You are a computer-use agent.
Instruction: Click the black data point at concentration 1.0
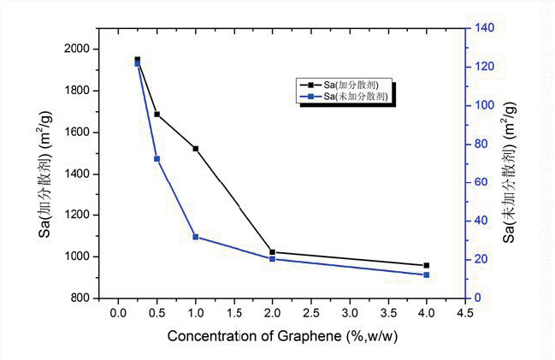pyautogui.click(x=196, y=149)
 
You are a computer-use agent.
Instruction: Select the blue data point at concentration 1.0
pyautogui.click(x=196, y=237)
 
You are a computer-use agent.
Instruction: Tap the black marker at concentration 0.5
pyautogui.click(x=156, y=114)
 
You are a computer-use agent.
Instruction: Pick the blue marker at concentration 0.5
pyautogui.click(x=156, y=159)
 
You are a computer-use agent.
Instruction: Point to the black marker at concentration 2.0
pyautogui.click(x=273, y=252)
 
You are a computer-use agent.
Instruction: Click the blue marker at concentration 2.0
pyautogui.click(x=273, y=258)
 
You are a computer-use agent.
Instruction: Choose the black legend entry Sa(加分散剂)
pyautogui.click(x=341, y=85)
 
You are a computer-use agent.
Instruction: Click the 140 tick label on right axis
pyautogui.click(x=485, y=28)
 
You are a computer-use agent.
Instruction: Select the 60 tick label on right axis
pyautogui.click(x=482, y=182)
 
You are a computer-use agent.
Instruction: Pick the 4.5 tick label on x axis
pyautogui.click(x=464, y=314)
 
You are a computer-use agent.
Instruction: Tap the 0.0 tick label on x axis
pyautogui.click(x=118, y=314)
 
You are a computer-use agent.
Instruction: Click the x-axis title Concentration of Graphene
pyautogui.click(x=282, y=336)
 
